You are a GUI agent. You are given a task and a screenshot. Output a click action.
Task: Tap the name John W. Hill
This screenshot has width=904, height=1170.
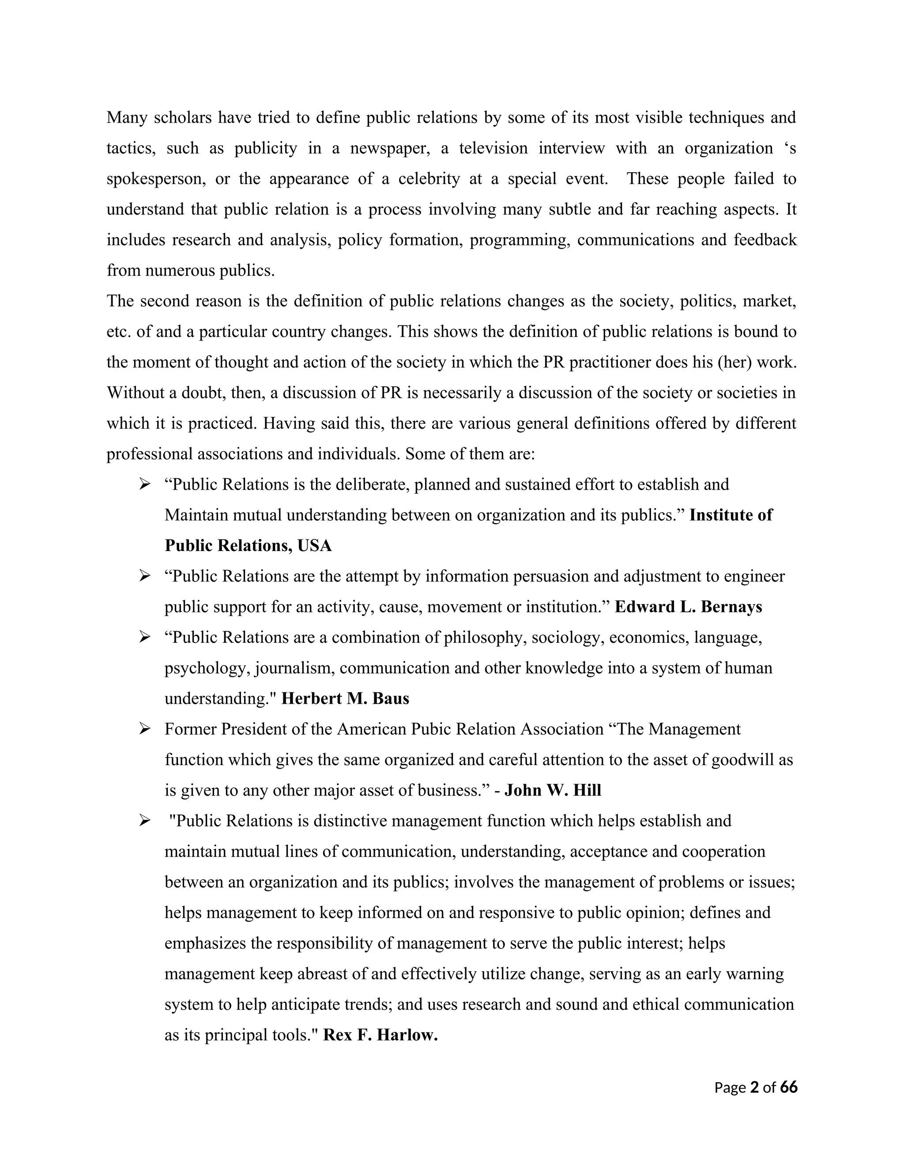553,790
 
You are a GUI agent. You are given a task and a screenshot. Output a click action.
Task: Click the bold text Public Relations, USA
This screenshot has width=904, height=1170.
248,545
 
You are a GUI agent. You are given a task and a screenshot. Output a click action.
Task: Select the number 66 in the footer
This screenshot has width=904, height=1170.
788,1087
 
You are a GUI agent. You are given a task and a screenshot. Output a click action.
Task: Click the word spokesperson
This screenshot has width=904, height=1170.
156,179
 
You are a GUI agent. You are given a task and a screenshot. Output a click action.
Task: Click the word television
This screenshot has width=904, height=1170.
493,148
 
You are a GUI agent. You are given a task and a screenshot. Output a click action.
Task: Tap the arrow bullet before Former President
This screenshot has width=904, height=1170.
145,728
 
